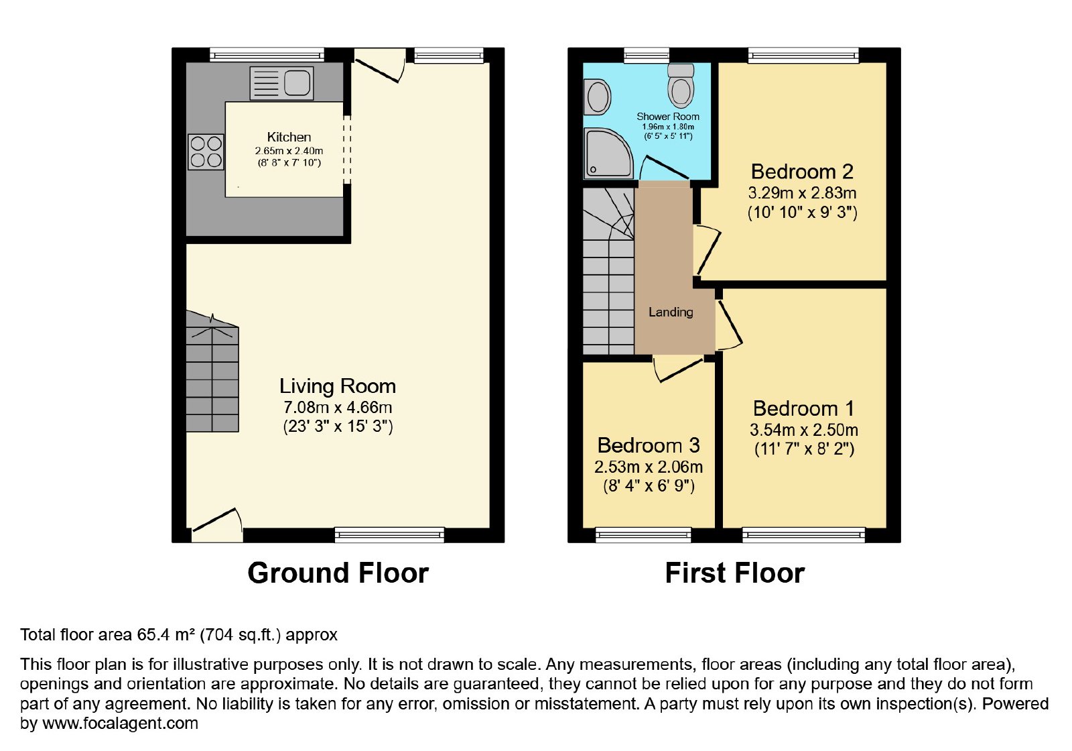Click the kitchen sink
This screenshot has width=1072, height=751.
pos(281,83)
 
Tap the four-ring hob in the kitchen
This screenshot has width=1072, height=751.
pos(206,152)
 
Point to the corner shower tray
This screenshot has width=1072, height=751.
pos(608,153)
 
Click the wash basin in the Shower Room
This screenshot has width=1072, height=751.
pos(597,97)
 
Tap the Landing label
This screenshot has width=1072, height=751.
pos(671,312)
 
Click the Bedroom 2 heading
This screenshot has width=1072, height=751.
pos(802,172)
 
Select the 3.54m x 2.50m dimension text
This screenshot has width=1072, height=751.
pos(803,430)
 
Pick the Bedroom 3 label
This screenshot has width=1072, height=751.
pos(649,445)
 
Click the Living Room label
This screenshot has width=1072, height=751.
pos(338,386)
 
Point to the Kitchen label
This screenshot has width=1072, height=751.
pos(289,137)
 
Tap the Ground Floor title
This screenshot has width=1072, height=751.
pos(338,573)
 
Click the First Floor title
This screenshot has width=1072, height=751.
pos(734,573)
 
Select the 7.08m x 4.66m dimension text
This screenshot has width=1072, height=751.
pos(338,407)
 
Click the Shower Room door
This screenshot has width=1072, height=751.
pos(666,167)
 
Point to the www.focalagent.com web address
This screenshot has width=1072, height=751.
pos(120,723)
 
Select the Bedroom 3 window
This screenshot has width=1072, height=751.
pos(643,535)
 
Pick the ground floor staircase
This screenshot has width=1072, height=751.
pos(212,372)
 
